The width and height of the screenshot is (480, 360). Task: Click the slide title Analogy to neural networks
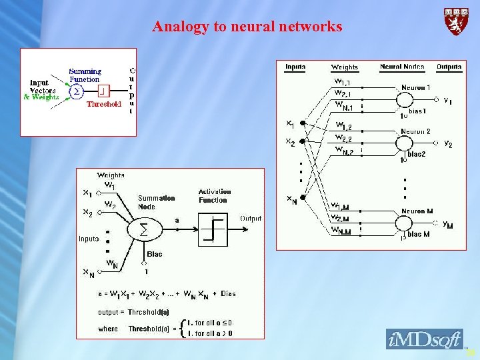[247, 27]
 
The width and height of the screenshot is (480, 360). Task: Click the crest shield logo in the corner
[456, 22]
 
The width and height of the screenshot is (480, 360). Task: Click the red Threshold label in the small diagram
[103, 104]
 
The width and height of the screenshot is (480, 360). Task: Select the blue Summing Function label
[85, 75]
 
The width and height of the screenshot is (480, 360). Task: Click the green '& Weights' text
[41, 97]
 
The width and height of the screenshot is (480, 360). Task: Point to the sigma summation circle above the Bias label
[143, 229]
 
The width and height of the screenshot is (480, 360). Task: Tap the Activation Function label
[214, 196]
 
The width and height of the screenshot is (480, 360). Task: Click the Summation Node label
[157, 202]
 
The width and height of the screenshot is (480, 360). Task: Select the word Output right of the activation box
[251, 219]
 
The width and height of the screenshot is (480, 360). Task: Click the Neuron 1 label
[415, 88]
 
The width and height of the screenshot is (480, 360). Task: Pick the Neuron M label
[417, 211]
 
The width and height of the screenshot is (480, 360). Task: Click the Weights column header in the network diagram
[345, 67]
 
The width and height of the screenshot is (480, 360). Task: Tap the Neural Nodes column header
[402, 67]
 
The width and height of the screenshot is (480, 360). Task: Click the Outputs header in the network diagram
[449, 67]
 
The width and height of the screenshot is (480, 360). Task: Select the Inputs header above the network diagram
[295, 67]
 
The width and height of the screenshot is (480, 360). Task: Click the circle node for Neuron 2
[404, 143]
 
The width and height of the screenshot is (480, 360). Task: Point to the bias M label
[418, 234]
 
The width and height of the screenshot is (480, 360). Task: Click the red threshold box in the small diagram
[103, 90]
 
